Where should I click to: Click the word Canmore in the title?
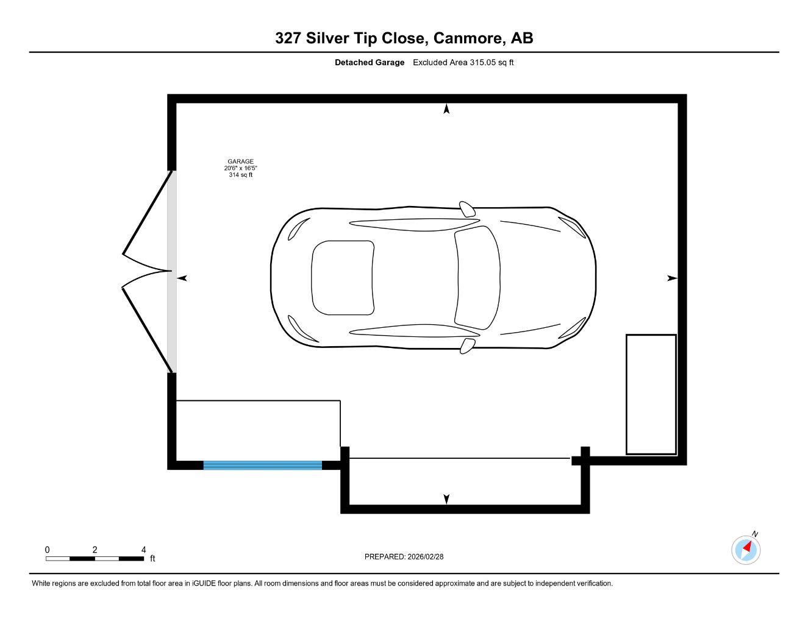click(x=470, y=38)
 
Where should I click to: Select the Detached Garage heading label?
click(x=369, y=62)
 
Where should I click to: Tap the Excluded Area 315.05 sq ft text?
click(x=463, y=62)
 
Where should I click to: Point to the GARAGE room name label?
click(x=240, y=161)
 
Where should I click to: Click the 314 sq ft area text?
click(x=240, y=175)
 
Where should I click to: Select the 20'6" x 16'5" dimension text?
click(x=240, y=168)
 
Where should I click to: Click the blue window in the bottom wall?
click(x=262, y=465)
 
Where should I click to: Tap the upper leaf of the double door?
click(x=146, y=213)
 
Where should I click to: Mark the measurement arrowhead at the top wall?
click(x=446, y=109)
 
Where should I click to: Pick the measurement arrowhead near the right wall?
click(x=672, y=278)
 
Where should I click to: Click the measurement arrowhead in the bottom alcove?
click(x=446, y=499)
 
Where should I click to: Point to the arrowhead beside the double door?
click(x=182, y=278)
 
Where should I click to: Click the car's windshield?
click(x=477, y=277)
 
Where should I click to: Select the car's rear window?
click(x=341, y=277)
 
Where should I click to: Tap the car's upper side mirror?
click(x=467, y=209)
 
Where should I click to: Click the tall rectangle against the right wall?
click(x=651, y=394)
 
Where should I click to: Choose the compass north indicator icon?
click(x=746, y=549)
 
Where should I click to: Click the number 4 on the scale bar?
click(x=143, y=550)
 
